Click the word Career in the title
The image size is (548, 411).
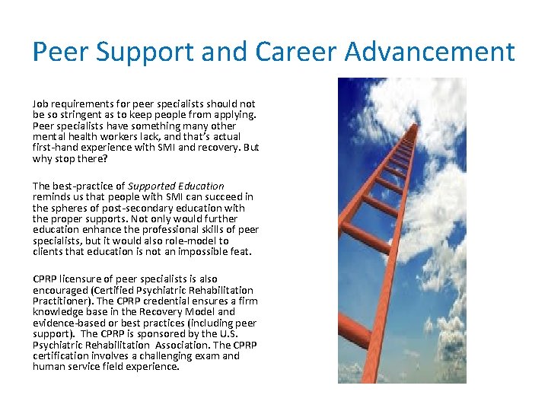(x=291, y=52)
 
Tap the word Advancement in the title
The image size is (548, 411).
(x=430, y=52)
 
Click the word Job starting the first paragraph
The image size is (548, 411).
(x=40, y=104)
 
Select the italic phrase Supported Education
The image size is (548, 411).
(x=176, y=186)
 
